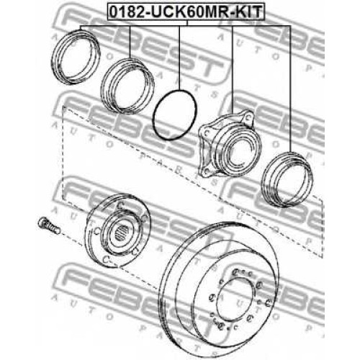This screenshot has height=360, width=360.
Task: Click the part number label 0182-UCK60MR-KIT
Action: (185, 12)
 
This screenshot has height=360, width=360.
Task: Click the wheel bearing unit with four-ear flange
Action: (230, 143)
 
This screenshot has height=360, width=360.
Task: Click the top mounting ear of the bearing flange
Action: (248, 117)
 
